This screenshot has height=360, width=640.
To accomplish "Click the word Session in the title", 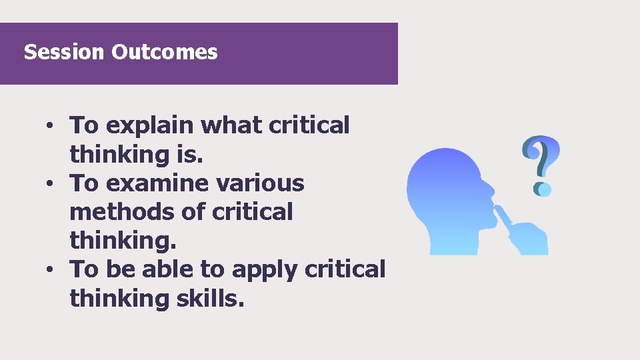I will tap(65, 52).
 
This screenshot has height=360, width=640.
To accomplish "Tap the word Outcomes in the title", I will tap(165, 52).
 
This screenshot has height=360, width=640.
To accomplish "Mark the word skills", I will tap(213, 299).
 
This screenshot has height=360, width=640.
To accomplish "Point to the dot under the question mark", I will tap(543, 189).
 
